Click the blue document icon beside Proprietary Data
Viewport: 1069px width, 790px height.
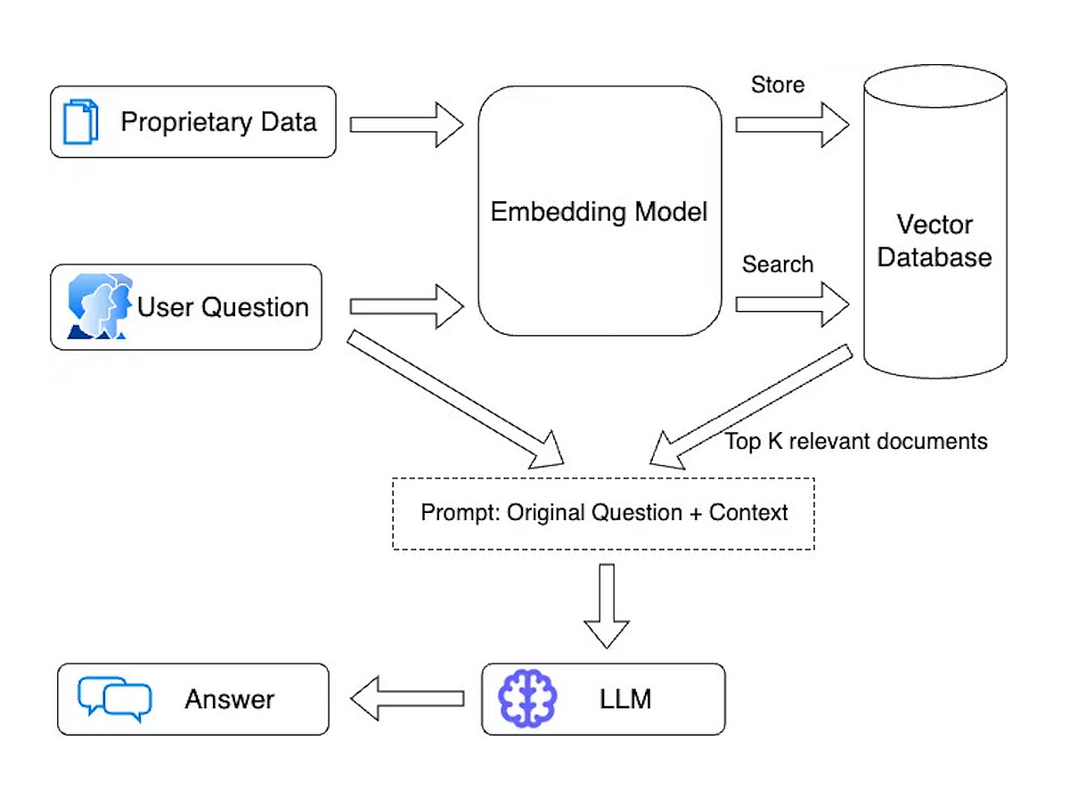pyautogui.click(x=80, y=122)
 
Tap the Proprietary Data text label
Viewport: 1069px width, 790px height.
pyautogui.click(x=218, y=122)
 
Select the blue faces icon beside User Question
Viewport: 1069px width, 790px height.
pyautogui.click(x=99, y=307)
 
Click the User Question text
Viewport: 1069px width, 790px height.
pyautogui.click(x=223, y=307)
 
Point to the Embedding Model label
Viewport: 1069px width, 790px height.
pyautogui.click(x=599, y=212)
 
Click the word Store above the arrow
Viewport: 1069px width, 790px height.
pyautogui.click(x=777, y=85)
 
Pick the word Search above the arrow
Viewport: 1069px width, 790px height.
pyautogui.click(x=777, y=265)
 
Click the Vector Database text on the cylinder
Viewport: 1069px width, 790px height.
pyautogui.click(x=934, y=240)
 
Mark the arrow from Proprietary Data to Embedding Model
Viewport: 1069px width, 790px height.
pyautogui.click(x=406, y=124)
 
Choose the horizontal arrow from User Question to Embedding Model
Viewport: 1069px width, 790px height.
pyautogui.click(x=406, y=306)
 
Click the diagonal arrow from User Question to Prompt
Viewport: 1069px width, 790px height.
pyautogui.click(x=454, y=399)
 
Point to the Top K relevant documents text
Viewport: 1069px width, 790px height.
pyautogui.click(x=856, y=441)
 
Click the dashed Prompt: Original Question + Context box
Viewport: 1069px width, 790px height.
pyautogui.click(x=603, y=514)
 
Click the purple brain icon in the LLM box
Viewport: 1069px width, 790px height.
pyautogui.click(x=526, y=698)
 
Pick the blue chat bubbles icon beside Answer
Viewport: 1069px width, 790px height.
pyautogui.click(x=115, y=698)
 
